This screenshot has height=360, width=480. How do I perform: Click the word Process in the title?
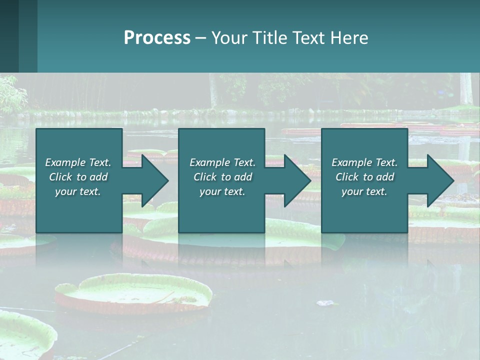pos(157,38)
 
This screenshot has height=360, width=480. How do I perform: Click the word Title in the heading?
pos(269,38)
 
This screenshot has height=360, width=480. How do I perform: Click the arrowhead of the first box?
pos(153,180)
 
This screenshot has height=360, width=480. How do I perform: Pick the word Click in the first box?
pos(60,177)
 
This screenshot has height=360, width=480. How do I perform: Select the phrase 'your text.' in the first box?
pos(78,191)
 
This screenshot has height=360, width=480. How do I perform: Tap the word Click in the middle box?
pos(205,177)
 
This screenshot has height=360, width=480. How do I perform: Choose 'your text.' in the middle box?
pos(222,191)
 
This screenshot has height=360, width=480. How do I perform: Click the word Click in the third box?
pos(347,177)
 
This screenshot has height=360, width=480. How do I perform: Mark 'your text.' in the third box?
pos(364,191)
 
